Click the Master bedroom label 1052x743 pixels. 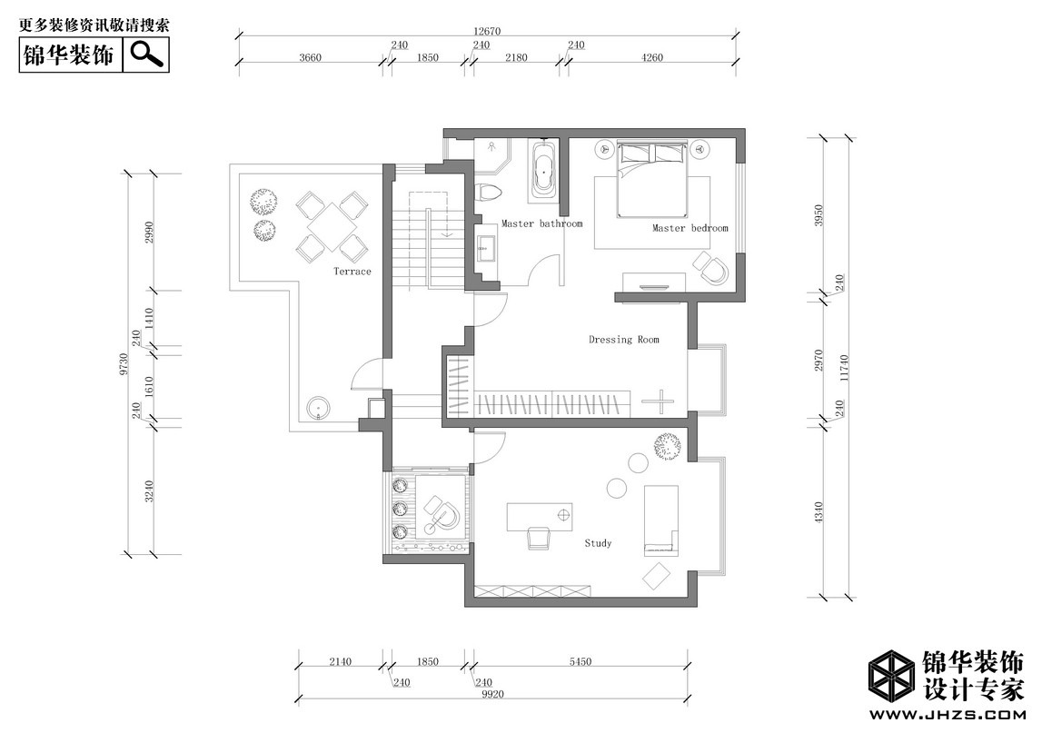click(x=690, y=228)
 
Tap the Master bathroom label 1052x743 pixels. click(x=542, y=223)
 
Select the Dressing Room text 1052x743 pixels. click(x=624, y=340)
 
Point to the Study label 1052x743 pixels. click(x=598, y=543)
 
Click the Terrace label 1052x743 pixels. click(x=352, y=271)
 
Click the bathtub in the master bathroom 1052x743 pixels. click(x=543, y=171)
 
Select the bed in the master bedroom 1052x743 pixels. click(x=653, y=179)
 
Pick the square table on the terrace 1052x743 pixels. click(x=333, y=227)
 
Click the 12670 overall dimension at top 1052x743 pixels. click(x=487, y=32)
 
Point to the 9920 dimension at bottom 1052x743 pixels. click(x=492, y=694)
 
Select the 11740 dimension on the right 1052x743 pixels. click(x=844, y=368)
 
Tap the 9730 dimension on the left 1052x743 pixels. click(x=123, y=364)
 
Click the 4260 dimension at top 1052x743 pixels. click(x=652, y=57)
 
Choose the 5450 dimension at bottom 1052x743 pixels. click(x=581, y=662)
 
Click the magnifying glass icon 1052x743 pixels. click(x=147, y=54)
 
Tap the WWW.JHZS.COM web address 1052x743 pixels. click(x=947, y=714)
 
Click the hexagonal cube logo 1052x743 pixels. click(x=891, y=676)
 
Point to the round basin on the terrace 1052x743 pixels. click(x=318, y=408)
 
